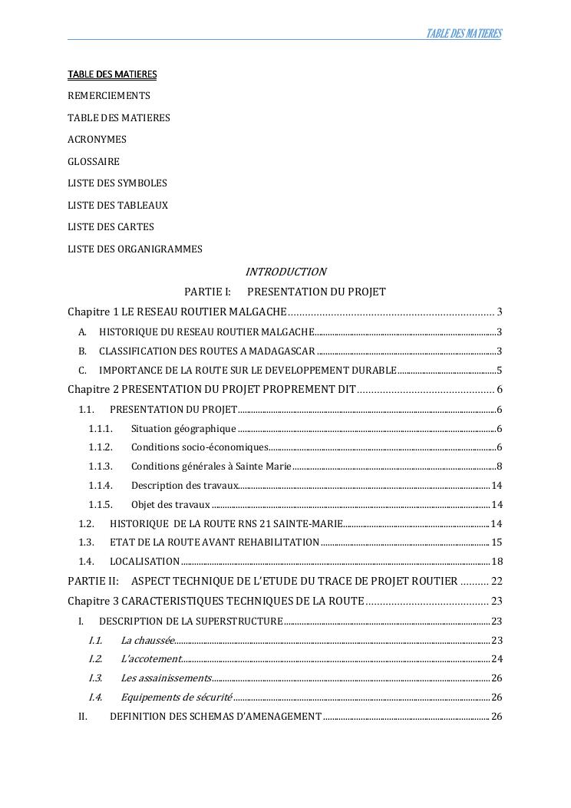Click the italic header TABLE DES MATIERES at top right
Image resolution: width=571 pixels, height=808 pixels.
(x=464, y=34)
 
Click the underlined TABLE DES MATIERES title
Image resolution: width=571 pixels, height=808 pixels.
(x=112, y=74)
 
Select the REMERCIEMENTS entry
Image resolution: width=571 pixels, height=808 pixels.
(x=109, y=96)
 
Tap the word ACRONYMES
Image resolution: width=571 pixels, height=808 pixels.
(x=97, y=140)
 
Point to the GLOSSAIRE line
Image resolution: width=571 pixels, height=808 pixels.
(x=94, y=162)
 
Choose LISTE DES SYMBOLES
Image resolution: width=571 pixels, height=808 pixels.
(x=117, y=183)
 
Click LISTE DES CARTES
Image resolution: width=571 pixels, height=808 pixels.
(x=111, y=227)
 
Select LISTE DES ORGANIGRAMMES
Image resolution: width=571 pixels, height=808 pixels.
(x=135, y=249)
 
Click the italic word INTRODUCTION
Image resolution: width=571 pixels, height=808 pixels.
(x=285, y=272)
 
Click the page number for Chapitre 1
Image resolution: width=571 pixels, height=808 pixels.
(x=500, y=312)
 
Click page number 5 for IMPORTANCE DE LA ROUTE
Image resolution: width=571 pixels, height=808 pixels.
(x=499, y=371)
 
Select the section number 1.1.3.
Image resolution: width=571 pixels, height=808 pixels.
(x=101, y=467)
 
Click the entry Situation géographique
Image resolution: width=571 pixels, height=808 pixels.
(x=183, y=429)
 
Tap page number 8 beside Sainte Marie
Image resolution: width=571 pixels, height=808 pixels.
(x=499, y=467)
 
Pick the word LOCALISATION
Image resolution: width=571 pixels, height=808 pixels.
(x=144, y=562)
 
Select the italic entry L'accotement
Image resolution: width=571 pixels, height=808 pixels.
(x=150, y=659)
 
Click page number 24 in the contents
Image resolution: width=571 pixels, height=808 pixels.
(x=496, y=659)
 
